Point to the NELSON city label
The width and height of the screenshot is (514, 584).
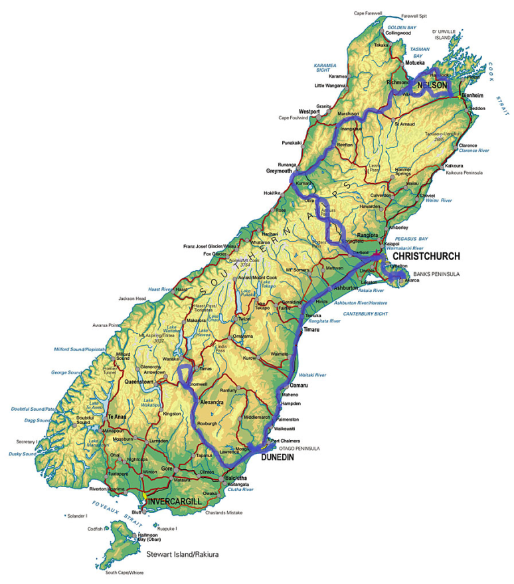tap(432, 86)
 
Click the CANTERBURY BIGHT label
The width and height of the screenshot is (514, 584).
tap(365, 313)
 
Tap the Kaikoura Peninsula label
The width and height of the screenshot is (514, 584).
tap(465, 173)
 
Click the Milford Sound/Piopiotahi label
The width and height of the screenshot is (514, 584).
tap(79, 349)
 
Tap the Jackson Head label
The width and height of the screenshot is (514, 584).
tap(133, 299)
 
